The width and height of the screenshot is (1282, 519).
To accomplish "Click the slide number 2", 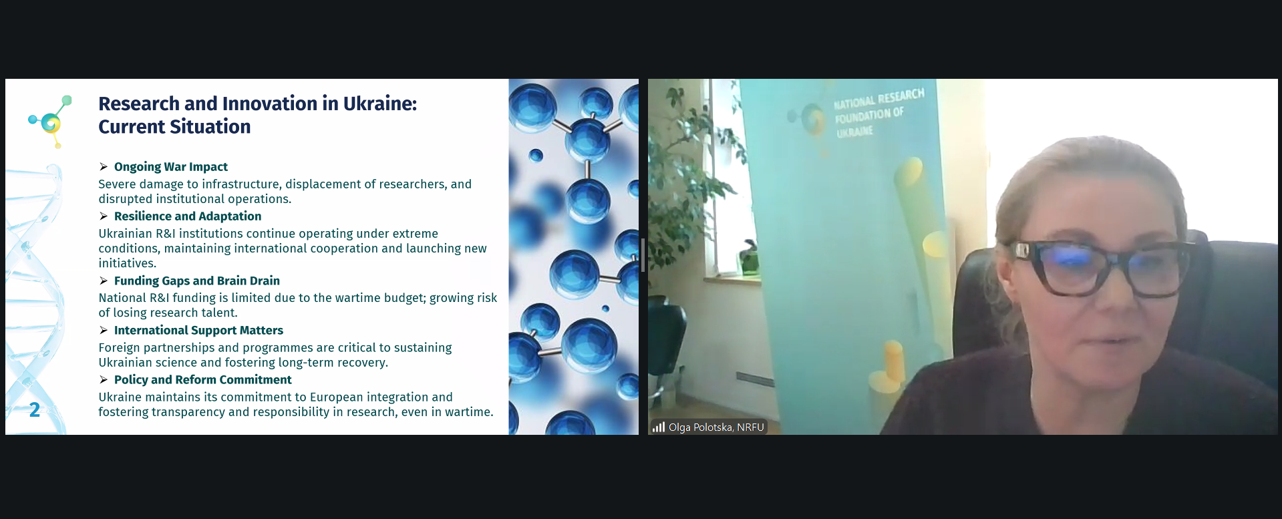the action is [35, 409].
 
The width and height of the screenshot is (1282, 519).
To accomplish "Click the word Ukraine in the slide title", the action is [379, 104].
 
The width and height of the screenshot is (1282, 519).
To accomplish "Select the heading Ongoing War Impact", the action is [171, 167].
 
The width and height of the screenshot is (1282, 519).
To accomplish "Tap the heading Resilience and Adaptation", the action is [188, 216].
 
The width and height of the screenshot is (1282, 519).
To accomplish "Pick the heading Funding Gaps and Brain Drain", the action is [197, 281].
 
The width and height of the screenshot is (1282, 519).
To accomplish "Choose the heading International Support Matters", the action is [198, 331].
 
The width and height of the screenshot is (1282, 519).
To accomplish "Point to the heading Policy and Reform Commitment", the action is [203, 380].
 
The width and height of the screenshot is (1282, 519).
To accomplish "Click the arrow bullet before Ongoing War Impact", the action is [104, 167].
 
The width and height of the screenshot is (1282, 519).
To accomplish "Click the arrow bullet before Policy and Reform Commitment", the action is [104, 380].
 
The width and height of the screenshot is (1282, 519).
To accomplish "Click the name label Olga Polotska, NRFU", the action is [716, 427].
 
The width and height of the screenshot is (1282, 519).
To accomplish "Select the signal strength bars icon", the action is [659, 427].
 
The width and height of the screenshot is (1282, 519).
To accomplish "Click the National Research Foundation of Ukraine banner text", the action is [878, 113].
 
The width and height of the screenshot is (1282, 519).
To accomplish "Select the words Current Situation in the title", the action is [174, 127].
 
